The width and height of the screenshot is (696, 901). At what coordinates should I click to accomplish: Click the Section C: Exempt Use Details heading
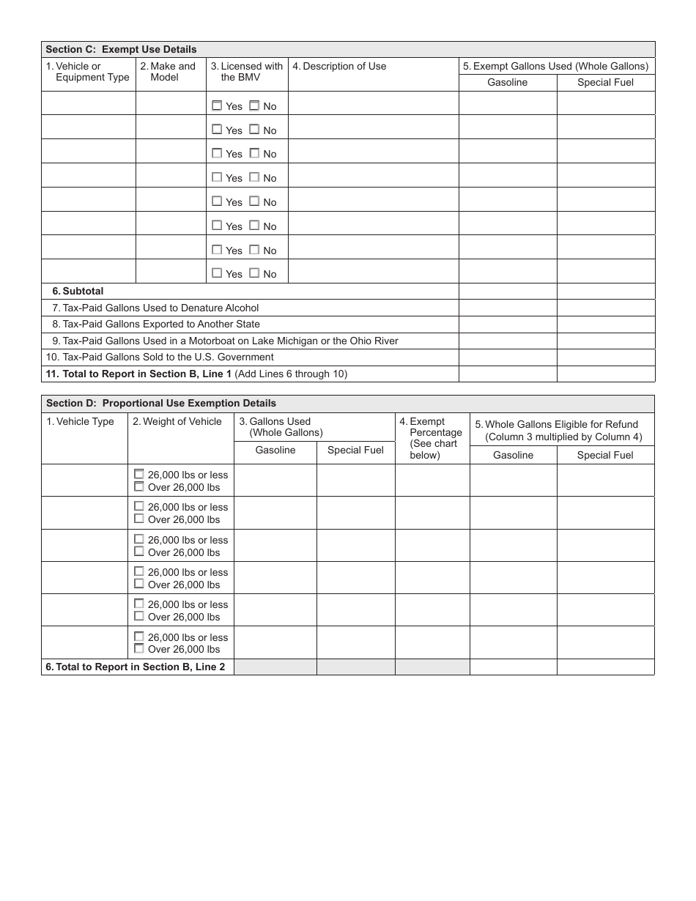[122, 50]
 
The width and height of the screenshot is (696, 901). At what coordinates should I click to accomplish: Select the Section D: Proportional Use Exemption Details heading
[161, 404]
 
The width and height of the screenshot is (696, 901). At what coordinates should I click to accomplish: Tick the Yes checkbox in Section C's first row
[217, 105]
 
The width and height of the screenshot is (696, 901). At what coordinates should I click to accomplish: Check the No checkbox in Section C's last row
[254, 273]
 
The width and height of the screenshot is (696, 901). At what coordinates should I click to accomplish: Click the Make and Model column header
[171, 72]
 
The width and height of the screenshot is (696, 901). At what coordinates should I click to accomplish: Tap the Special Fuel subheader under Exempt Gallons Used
[605, 83]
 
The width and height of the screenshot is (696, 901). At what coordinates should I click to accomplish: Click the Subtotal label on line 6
[83, 292]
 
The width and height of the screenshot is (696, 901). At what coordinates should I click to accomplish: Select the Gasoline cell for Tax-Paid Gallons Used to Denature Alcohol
[507, 308]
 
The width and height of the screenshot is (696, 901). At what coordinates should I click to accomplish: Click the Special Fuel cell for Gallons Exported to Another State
[605, 325]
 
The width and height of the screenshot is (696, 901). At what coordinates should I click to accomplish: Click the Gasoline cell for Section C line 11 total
[507, 374]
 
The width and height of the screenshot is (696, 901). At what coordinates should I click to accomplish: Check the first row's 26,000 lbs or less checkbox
[139, 474]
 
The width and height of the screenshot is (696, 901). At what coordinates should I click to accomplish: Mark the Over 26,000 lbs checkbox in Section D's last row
[139, 649]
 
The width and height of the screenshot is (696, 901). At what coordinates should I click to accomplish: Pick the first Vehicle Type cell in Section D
[85, 481]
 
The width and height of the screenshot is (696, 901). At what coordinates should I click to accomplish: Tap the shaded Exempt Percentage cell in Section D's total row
[432, 667]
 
